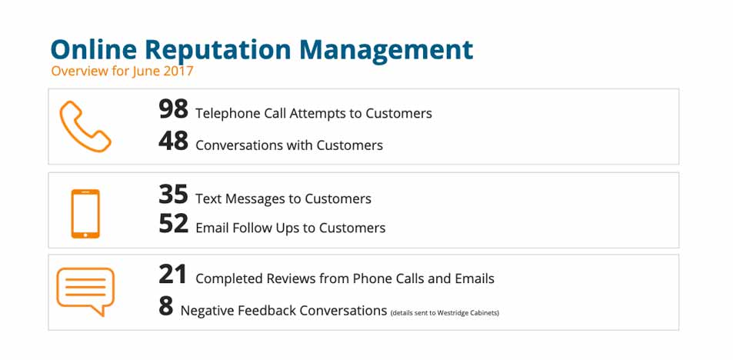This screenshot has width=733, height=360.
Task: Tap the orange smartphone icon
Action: (85, 214)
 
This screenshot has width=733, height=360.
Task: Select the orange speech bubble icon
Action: (85, 292)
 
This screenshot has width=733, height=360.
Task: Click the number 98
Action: (173, 109)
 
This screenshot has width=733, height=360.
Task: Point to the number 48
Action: (173, 141)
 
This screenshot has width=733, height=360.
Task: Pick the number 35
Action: (173, 195)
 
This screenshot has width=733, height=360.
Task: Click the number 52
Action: (173, 224)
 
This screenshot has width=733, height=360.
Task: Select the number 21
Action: (172, 275)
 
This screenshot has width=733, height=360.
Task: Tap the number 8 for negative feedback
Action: (165, 307)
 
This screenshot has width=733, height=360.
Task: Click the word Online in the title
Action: (94, 49)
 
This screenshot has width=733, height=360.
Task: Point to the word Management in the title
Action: (386, 49)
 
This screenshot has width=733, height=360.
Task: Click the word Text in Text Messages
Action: (208, 198)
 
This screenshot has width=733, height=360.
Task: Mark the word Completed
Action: (229, 279)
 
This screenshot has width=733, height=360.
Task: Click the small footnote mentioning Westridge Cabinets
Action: (445, 313)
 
